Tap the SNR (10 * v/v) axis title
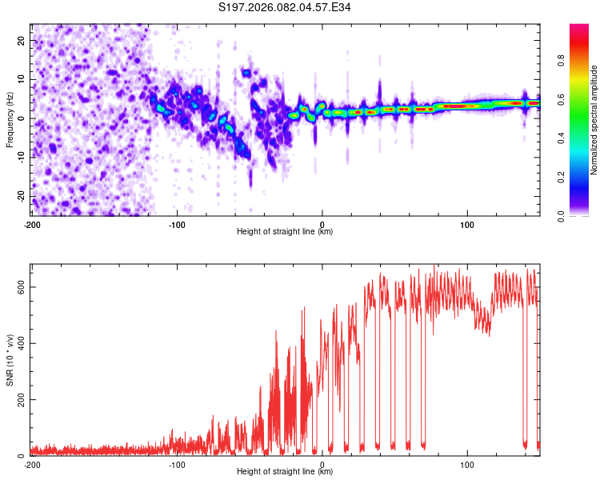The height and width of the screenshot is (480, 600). tap(10, 359)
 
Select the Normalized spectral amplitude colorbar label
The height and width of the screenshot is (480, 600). tap(594, 120)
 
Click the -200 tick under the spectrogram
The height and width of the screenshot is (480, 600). tap(32, 225)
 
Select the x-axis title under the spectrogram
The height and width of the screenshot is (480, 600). tap(285, 232)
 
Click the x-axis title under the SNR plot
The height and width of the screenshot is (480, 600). tap(285, 472)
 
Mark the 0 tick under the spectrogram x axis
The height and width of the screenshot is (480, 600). tap(322, 225)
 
